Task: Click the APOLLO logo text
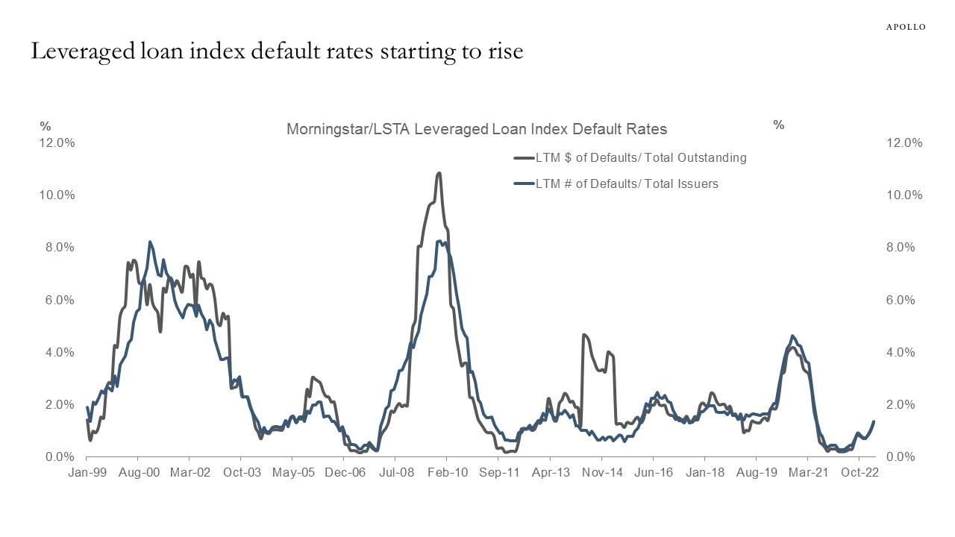point(906,27)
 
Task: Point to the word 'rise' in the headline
point(506,52)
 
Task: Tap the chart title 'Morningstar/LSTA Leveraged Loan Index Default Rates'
point(477,129)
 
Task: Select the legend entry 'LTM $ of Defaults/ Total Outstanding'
point(640,158)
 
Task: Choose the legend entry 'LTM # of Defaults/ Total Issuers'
point(626,183)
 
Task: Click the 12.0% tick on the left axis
point(57,143)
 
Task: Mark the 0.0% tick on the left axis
point(60,456)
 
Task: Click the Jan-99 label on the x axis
point(87,473)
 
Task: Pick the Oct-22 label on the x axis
point(859,473)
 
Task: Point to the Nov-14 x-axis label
point(602,473)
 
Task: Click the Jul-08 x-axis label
point(396,473)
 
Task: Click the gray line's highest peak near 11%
point(439,173)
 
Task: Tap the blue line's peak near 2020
point(792,336)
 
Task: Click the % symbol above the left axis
point(45,126)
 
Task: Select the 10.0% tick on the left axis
point(57,195)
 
